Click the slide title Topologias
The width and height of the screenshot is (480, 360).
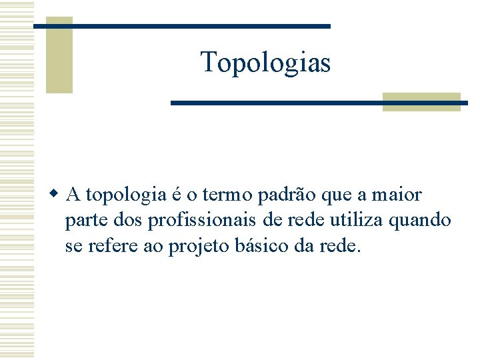[x=265, y=63]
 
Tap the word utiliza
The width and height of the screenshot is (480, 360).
[x=360, y=219]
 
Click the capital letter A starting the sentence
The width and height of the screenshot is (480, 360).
[x=74, y=195]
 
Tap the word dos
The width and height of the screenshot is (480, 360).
[x=128, y=220]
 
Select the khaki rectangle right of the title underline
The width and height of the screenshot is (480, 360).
[x=421, y=101]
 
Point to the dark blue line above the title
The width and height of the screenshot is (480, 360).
[x=181, y=26]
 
